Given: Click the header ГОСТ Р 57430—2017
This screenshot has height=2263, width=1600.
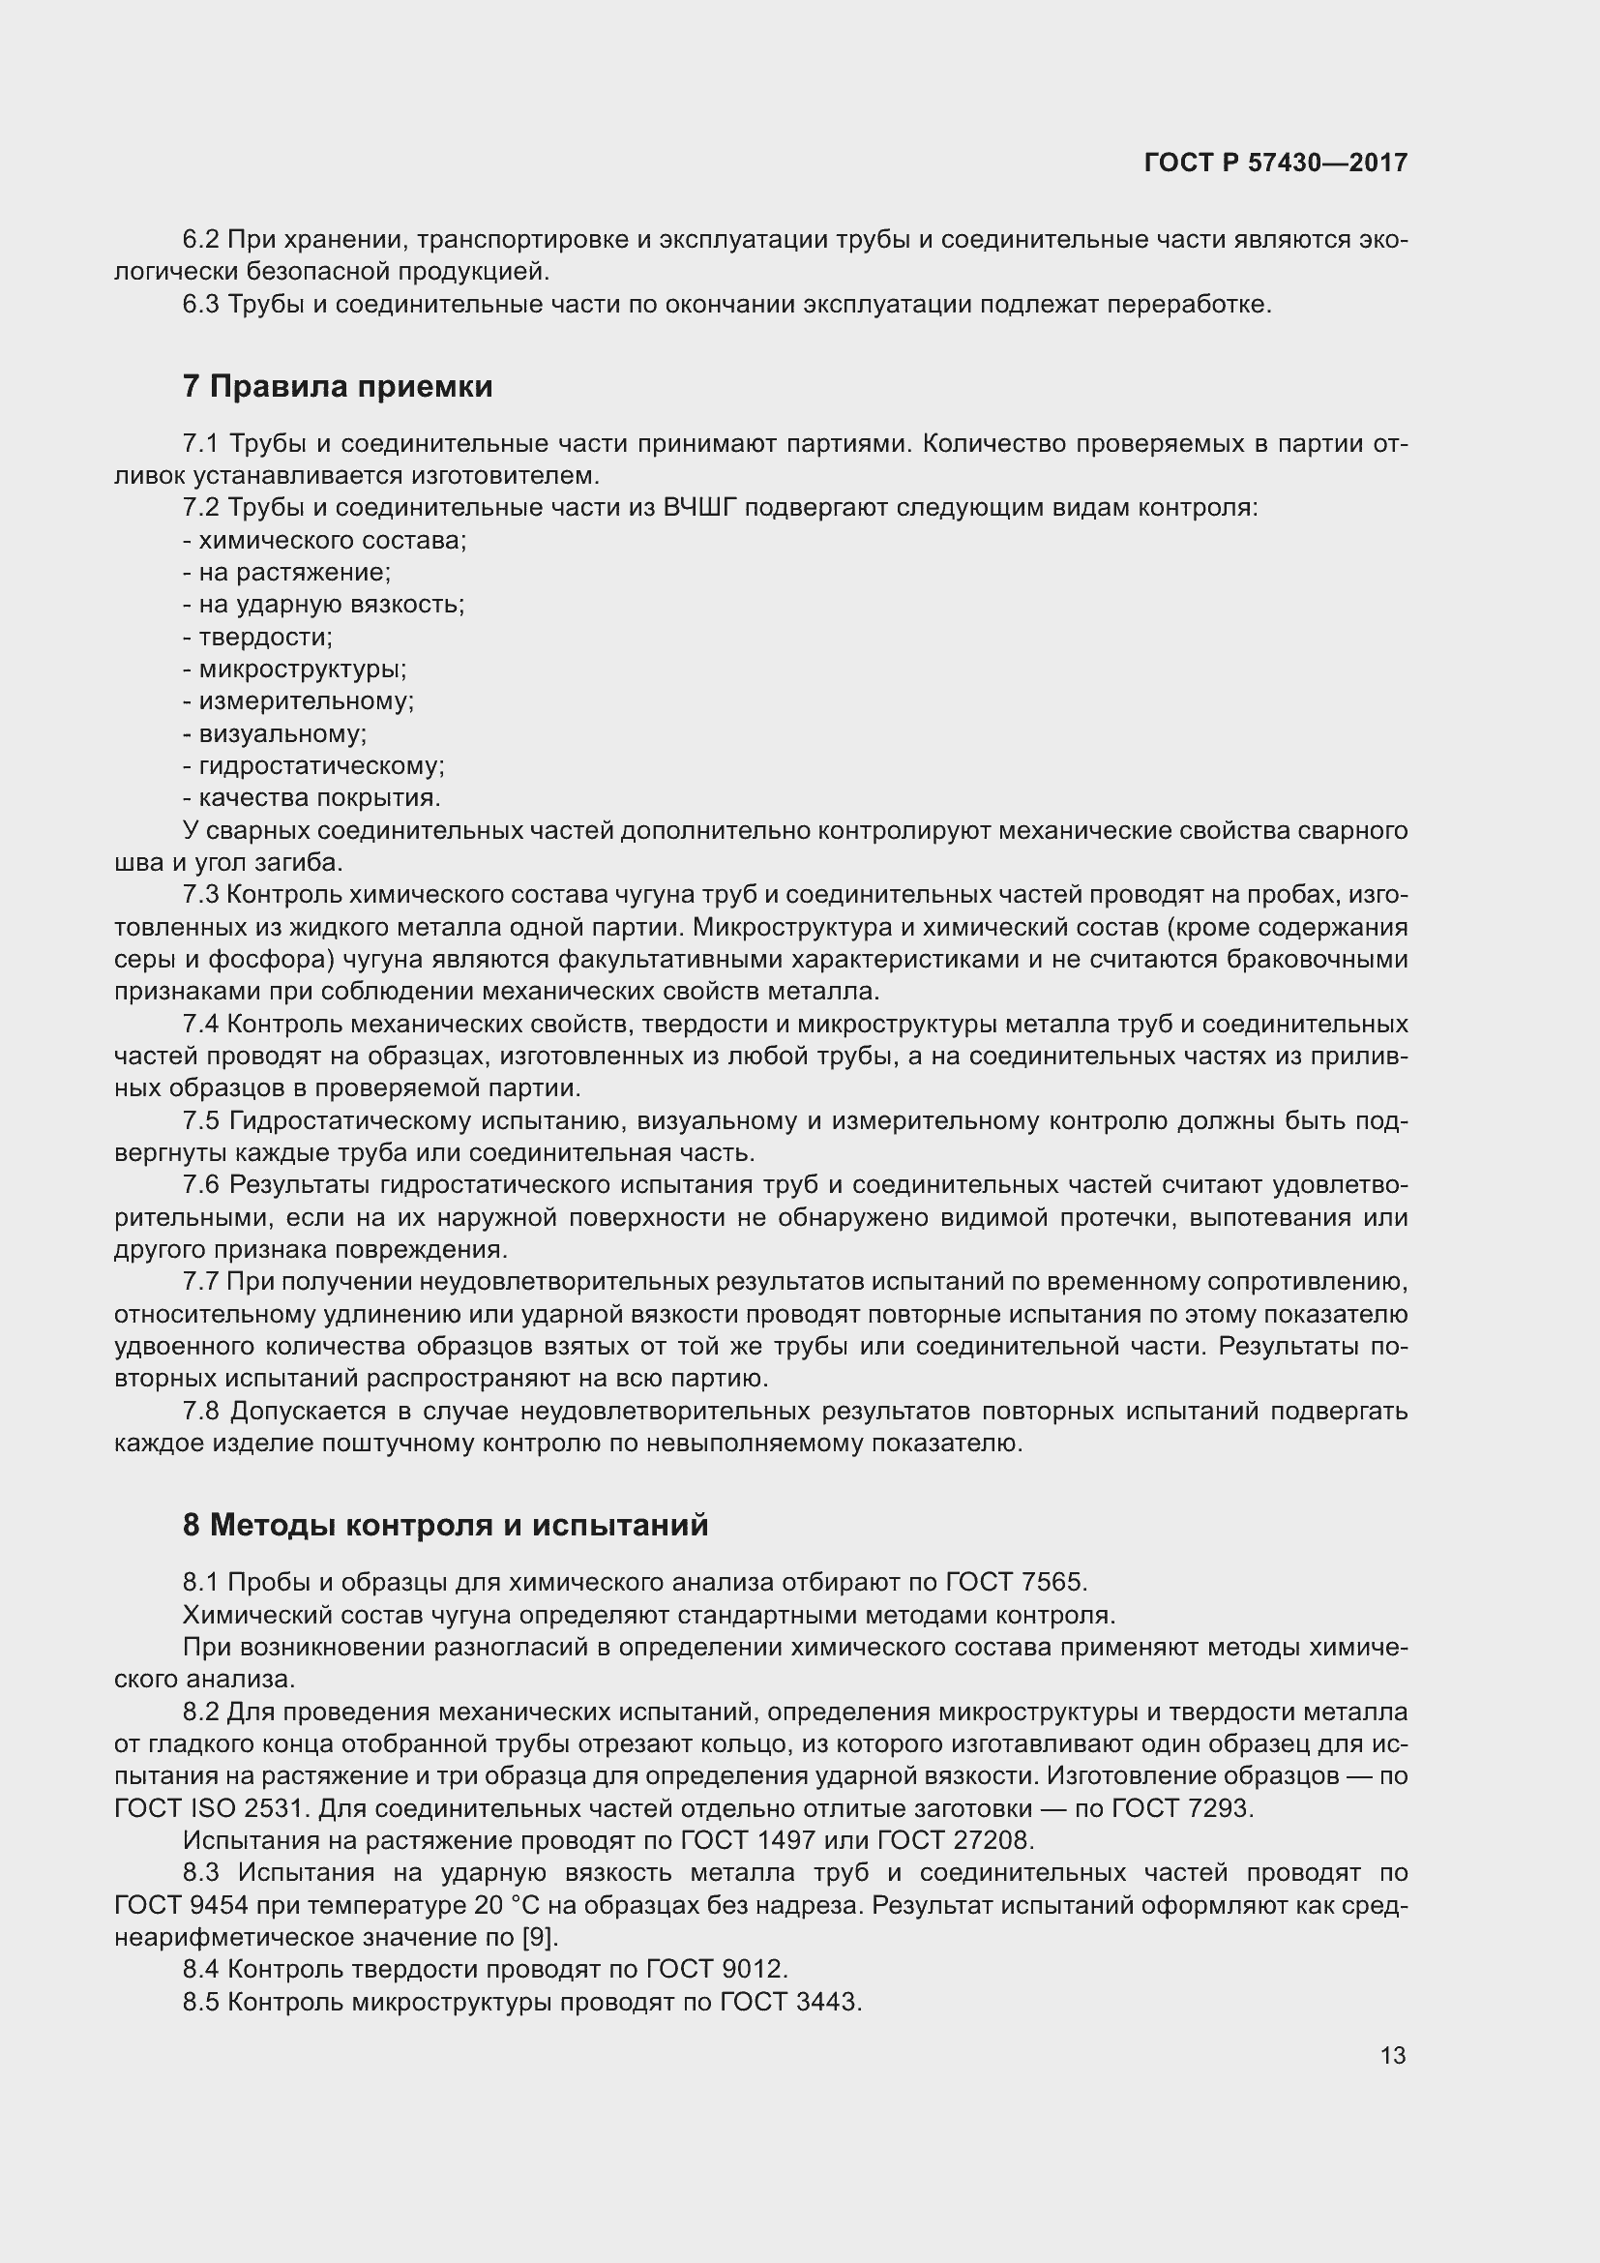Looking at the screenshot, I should [x=1276, y=163].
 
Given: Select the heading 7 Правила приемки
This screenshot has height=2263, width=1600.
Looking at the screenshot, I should [x=337, y=386].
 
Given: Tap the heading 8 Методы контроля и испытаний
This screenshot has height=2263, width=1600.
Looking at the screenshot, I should [x=445, y=1525].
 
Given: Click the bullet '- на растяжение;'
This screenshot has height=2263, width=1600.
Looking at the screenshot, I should [x=286, y=573].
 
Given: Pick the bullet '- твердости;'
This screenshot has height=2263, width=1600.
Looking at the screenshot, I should [x=257, y=637].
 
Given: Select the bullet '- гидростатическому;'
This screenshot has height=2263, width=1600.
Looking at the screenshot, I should [x=313, y=766].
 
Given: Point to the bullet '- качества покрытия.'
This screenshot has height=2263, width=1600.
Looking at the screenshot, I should [x=311, y=797].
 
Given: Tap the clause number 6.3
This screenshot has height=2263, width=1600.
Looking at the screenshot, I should [x=201, y=305].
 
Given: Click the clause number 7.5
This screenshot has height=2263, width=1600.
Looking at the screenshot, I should [x=201, y=1120].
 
